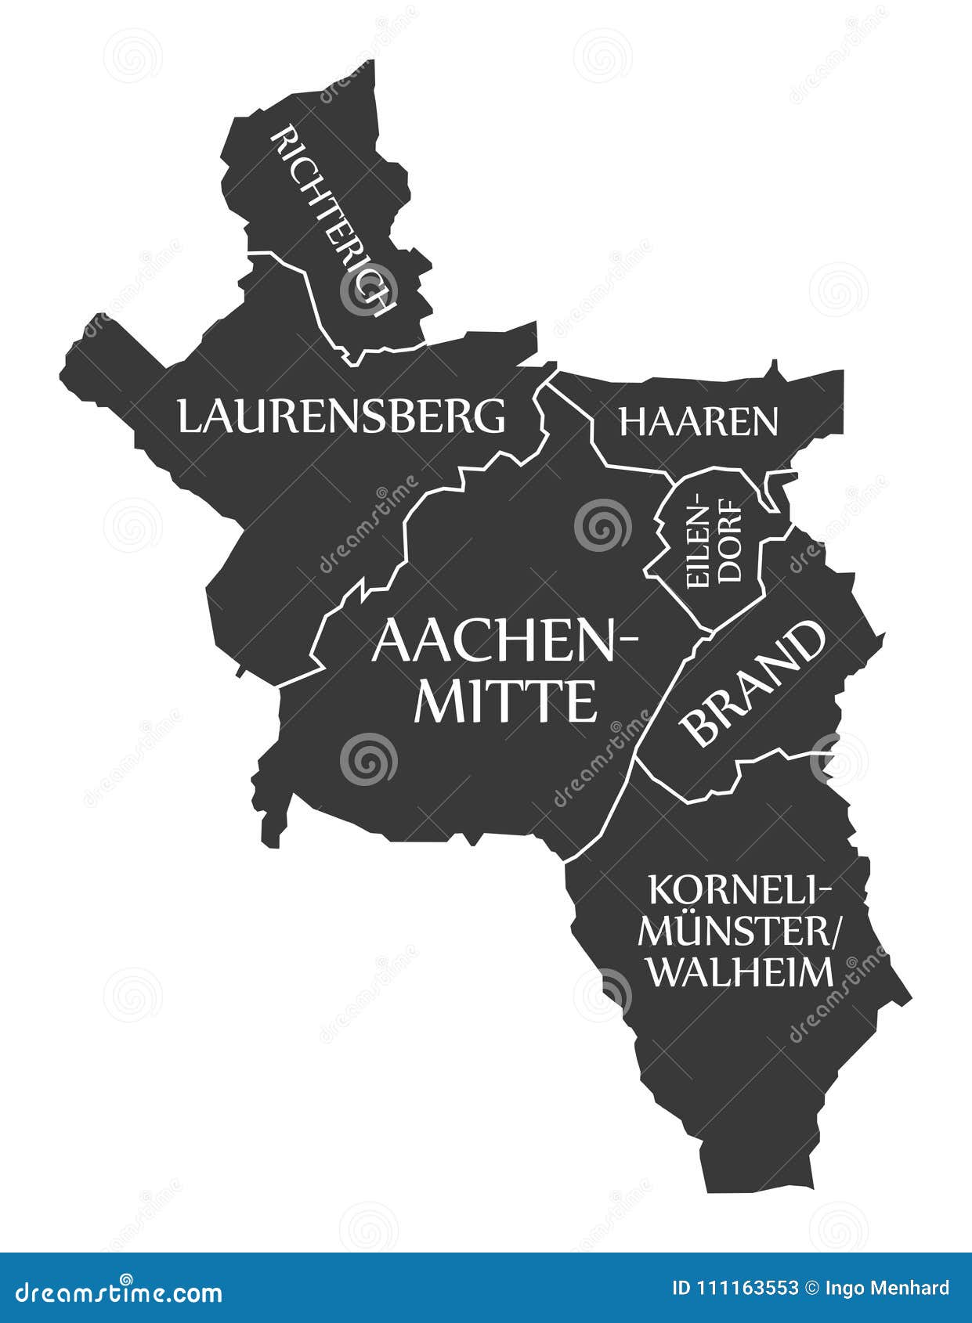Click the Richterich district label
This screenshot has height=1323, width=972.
[x=332, y=222]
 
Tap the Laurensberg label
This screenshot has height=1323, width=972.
[x=341, y=416]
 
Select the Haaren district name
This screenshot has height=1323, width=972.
[x=699, y=421]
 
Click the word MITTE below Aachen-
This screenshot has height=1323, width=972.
[x=505, y=701]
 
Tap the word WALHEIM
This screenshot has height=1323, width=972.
[x=741, y=972]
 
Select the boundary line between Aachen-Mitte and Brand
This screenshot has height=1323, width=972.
[x=666, y=705]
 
